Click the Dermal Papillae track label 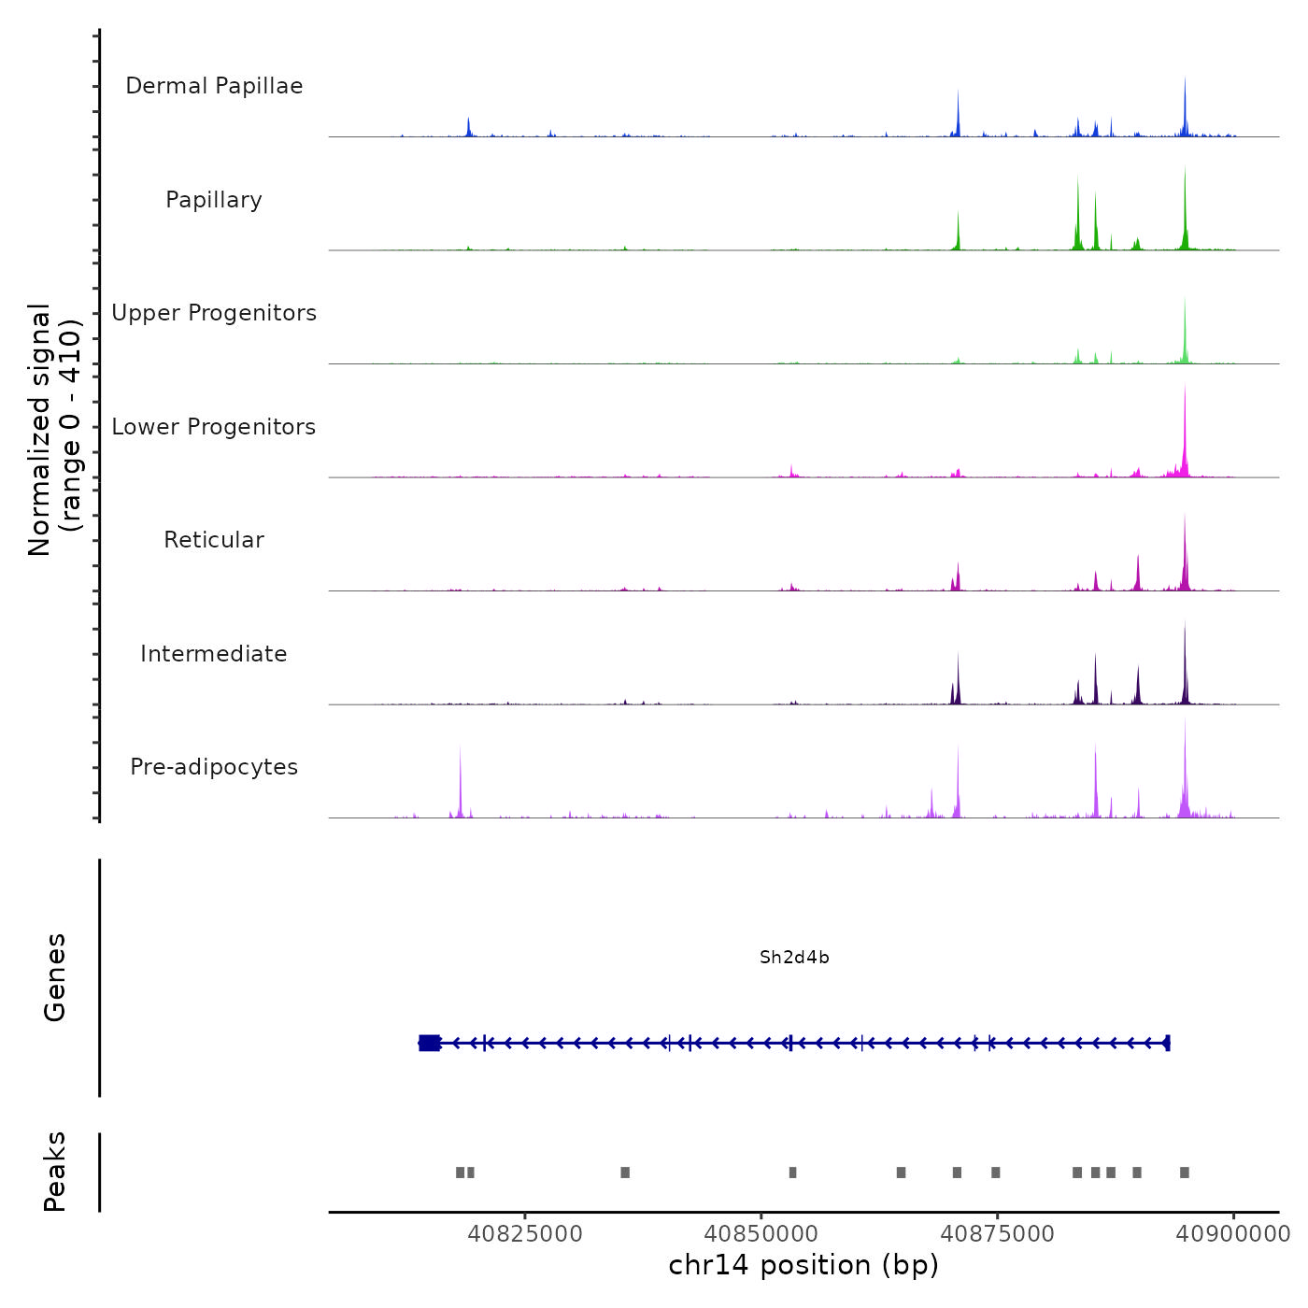pyautogui.click(x=214, y=86)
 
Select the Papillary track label pyautogui.click(x=214, y=200)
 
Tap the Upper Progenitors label pyautogui.click(x=214, y=313)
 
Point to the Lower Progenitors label pyautogui.click(x=214, y=427)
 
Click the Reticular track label pyautogui.click(x=214, y=540)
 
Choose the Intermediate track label pyautogui.click(x=214, y=654)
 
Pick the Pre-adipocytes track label pyautogui.click(x=214, y=767)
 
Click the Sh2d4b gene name pyautogui.click(x=794, y=958)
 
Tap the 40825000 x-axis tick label pyautogui.click(x=525, y=1234)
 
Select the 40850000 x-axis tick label pyautogui.click(x=761, y=1234)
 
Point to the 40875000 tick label pyautogui.click(x=997, y=1234)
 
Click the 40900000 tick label pyautogui.click(x=1233, y=1234)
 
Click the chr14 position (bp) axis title pyautogui.click(x=803, y=1265)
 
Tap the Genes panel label pyautogui.click(x=55, y=977)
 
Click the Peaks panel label pyautogui.click(x=55, y=1172)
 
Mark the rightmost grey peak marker pyautogui.click(x=1185, y=1173)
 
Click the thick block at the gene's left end pyautogui.click(x=430, y=1043)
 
